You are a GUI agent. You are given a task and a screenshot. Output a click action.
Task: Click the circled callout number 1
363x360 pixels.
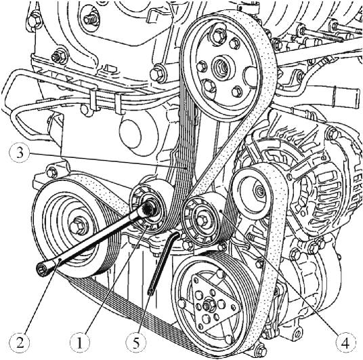(x=79, y=343)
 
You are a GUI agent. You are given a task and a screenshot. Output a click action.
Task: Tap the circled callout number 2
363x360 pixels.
(x=20, y=342)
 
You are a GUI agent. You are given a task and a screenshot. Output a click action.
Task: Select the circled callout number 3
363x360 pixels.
(x=20, y=153)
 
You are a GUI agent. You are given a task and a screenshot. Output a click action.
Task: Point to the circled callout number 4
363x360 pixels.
(x=345, y=343)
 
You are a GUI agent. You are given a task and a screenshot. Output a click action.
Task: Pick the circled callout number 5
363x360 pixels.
(x=136, y=343)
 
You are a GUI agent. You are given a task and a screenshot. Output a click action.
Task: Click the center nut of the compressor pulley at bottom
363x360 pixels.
(x=207, y=306)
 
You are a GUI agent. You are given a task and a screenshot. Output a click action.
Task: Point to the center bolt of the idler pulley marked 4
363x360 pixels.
(x=202, y=218)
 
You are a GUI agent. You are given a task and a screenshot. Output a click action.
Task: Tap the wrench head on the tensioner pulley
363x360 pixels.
(x=148, y=207)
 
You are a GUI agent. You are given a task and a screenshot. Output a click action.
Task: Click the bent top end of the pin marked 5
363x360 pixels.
(x=175, y=235)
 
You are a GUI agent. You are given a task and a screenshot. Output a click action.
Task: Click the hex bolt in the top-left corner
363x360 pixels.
(x=35, y=20)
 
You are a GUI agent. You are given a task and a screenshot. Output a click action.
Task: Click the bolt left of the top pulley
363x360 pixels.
(x=157, y=74)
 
